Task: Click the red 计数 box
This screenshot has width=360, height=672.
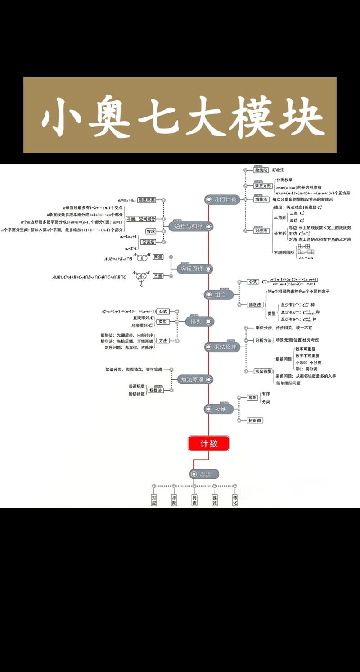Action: coord(208,443)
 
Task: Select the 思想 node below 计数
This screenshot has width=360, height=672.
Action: coord(205,474)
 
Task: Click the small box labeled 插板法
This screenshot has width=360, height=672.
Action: coord(255,305)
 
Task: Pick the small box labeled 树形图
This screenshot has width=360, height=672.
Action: coord(255,420)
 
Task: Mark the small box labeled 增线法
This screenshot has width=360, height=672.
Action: coord(261,199)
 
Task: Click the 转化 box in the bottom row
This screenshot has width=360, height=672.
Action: coord(235,500)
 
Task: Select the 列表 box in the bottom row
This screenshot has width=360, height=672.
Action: coord(194,500)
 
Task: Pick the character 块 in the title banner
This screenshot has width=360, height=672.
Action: coord(299,116)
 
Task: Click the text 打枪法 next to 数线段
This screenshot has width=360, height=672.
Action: coord(278,170)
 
